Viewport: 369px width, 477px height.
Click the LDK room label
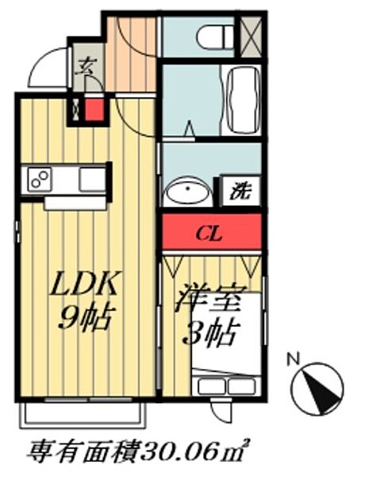86,285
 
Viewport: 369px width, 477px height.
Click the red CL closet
212,234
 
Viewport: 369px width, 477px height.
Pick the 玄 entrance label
84,68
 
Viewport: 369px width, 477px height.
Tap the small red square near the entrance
95,110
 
